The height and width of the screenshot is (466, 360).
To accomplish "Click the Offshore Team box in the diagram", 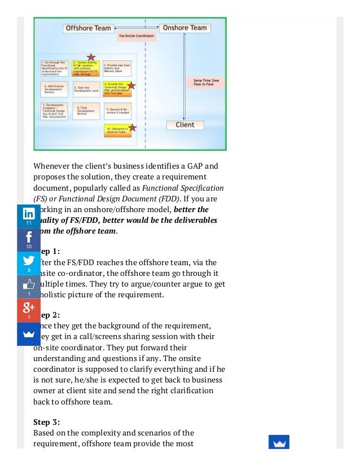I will [89, 28].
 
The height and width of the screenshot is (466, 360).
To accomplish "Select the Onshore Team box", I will [184, 28].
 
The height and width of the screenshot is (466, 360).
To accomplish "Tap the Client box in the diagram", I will [185, 125].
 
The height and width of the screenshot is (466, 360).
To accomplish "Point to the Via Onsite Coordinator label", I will [136, 37].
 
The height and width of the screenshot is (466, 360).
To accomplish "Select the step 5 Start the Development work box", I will [86, 89].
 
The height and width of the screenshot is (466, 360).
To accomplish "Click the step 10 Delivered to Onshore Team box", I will [117, 130].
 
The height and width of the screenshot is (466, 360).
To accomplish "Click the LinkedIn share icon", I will [28, 215].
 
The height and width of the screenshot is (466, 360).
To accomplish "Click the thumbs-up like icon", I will [28, 285].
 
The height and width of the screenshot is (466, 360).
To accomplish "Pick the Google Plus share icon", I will [28, 309].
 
